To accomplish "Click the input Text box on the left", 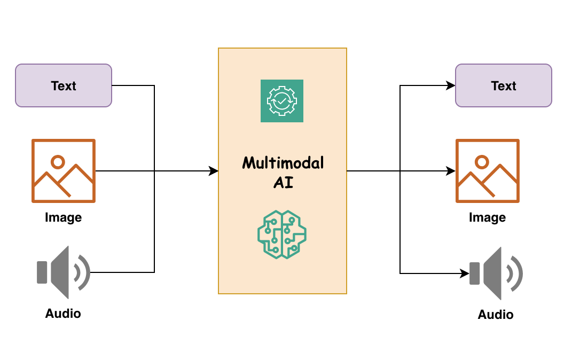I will pyautogui.click(x=64, y=85).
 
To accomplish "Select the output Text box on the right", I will pyautogui.click(x=503, y=85).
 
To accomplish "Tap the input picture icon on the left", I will pyautogui.click(x=63, y=171).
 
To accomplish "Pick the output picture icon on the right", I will pyautogui.click(x=487, y=171).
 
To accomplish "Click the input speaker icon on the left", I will pyautogui.click(x=62, y=272).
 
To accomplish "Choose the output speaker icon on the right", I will pyautogui.click(x=495, y=273).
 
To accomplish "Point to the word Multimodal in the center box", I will pyautogui.click(x=283, y=163).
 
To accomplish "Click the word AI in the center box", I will pyautogui.click(x=283, y=183).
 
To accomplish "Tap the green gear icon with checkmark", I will pyautogui.click(x=282, y=101).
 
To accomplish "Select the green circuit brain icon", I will pyautogui.click(x=282, y=234).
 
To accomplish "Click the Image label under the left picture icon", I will pyautogui.click(x=63, y=217).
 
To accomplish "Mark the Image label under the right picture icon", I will pyautogui.click(x=487, y=217).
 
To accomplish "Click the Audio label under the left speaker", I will pyautogui.click(x=63, y=314).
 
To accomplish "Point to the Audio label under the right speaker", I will pyautogui.click(x=496, y=315).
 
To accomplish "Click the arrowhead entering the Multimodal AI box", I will pyautogui.click(x=214, y=171).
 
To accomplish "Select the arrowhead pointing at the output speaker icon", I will pyautogui.click(x=464, y=273).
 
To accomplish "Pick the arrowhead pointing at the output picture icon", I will pyautogui.click(x=451, y=171).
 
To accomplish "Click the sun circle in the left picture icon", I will pyautogui.click(x=57, y=161).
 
